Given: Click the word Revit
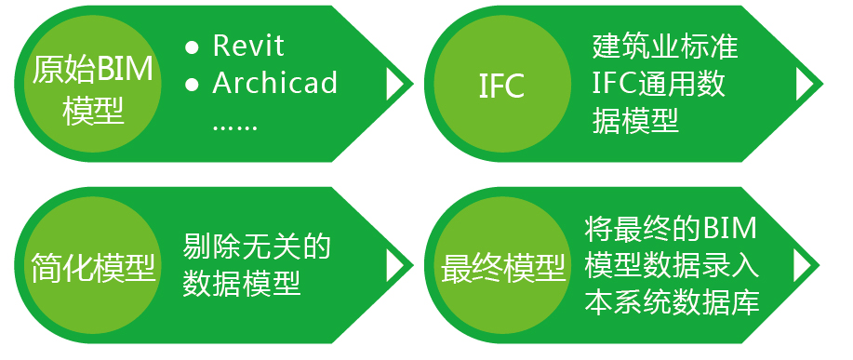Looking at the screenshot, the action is click(248, 46).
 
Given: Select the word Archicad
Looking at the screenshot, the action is click(274, 83).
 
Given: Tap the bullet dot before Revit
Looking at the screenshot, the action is click(192, 47).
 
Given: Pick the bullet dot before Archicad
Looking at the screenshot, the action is click(192, 85).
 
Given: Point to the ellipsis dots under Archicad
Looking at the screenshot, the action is click(234, 128).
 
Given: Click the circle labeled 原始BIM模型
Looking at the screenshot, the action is click(93, 84).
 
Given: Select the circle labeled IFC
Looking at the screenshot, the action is click(502, 84).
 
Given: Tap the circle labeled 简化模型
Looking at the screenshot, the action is click(93, 266).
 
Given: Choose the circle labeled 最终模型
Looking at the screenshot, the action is click(502, 266).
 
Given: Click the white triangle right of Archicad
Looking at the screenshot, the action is click(394, 85).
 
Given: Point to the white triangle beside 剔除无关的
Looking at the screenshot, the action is click(394, 266).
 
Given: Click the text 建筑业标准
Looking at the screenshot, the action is click(665, 47).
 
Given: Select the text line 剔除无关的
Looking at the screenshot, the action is click(257, 247).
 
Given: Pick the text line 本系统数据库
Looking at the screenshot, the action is click(672, 302).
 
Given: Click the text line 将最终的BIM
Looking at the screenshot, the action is click(672, 229).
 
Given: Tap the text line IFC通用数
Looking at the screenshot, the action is click(659, 84).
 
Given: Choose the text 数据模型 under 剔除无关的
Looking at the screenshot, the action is click(242, 284).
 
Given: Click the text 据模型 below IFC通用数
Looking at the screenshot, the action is click(635, 121).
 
